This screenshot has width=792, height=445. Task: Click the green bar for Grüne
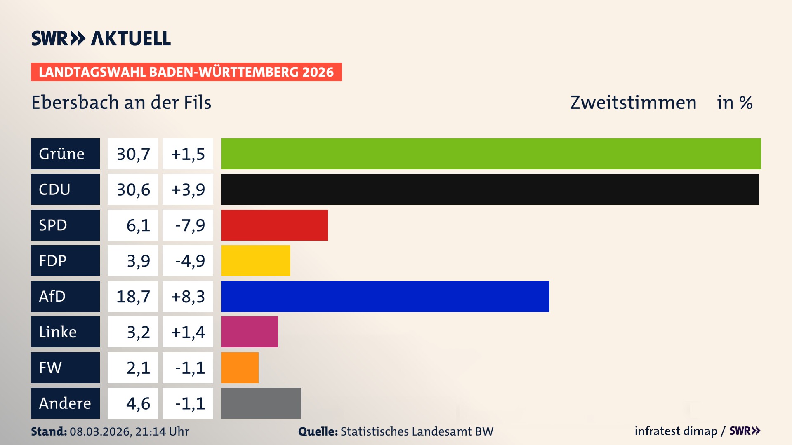point(491,154)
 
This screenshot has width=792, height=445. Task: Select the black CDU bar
point(490,189)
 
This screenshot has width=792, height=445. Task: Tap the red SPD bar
point(274,225)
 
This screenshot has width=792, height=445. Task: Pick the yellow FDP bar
point(255,260)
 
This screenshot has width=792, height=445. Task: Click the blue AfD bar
point(385,296)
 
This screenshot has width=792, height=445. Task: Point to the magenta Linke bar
point(249,332)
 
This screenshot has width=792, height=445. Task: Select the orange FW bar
point(240,368)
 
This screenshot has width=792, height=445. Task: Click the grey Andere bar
point(261,403)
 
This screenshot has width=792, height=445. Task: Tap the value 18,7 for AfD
point(133,296)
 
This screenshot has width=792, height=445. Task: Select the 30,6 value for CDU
point(133,189)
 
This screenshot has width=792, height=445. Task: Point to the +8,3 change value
point(188,296)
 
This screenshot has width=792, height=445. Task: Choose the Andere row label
point(65,403)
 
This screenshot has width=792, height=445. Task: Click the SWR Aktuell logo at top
point(101,38)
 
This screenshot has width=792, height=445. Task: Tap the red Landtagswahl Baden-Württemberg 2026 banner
point(186,72)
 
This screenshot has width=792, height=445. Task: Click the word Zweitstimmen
point(633,103)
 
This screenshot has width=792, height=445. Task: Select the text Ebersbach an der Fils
point(121,103)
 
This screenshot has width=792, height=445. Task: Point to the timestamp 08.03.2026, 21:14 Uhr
point(129,431)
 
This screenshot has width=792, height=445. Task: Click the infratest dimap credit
point(676,431)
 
